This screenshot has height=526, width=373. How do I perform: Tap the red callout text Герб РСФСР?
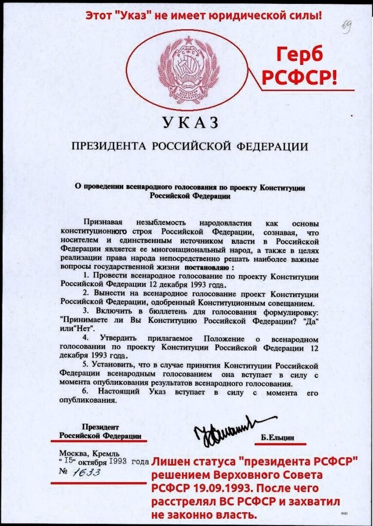click(300, 66)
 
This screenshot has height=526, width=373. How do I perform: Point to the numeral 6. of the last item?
click(86, 392)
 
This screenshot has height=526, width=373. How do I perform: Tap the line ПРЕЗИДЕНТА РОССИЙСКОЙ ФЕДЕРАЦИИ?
click(190, 147)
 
